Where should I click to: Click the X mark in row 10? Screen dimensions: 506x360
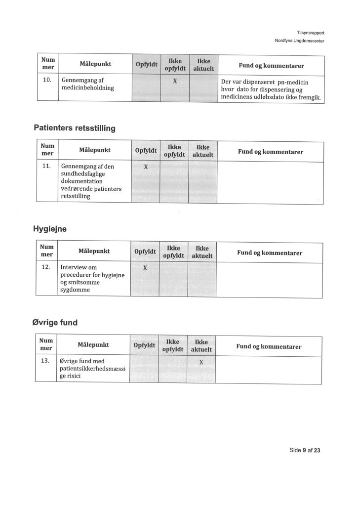[175, 81]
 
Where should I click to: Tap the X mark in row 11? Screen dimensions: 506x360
[146, 167]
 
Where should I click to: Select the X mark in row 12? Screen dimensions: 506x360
[145, 268]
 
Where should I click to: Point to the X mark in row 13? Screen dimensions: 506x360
[201, 362]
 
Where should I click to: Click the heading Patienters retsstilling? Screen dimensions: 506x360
[75, 128]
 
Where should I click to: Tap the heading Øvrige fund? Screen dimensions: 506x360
[55, 323]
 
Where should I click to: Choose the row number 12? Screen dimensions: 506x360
[46, 267]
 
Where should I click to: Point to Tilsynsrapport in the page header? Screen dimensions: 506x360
[311, 33]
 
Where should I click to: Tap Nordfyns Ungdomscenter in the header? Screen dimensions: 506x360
[299, 41]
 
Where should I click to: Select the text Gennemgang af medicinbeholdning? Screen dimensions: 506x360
[87, 84]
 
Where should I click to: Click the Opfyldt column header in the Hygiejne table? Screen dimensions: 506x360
[145, 252]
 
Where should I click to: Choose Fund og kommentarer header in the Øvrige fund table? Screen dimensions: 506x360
[269, 346]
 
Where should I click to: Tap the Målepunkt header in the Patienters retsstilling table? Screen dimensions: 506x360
[95, 150]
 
